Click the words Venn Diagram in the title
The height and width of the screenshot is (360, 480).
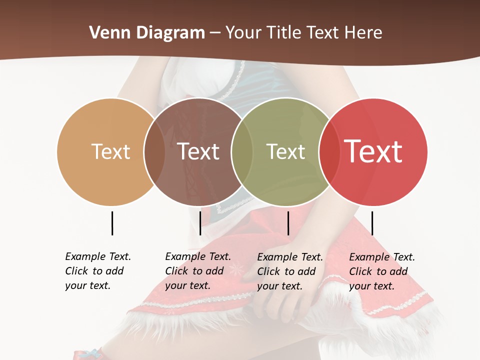tap(147, 33)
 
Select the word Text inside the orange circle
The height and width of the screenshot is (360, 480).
tap(110, 151)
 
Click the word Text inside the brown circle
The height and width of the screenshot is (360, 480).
tap(198, 151)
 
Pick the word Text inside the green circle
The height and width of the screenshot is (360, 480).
tap(285, 151)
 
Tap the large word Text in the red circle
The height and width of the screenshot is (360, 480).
tap(373, 151)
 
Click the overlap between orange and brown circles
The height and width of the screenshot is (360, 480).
tap(154, 152)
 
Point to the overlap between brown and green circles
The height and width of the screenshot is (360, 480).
tap(242, 152)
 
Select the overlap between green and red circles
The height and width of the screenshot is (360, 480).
tap(328, 152)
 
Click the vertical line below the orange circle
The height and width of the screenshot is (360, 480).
tap(112, 223)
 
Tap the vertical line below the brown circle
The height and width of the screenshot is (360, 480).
tap(200, 223)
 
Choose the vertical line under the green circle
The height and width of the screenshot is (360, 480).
tap(288, 223)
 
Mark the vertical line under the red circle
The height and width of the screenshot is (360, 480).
tap(372, 223)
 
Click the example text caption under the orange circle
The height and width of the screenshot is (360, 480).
tap(98, 271)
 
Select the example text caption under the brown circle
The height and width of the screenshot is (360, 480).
tap(198, 271)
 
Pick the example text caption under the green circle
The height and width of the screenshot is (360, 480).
tap(290, 271)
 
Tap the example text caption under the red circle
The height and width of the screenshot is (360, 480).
tap(382, 271)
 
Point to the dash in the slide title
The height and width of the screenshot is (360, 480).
tap(215, 33)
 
